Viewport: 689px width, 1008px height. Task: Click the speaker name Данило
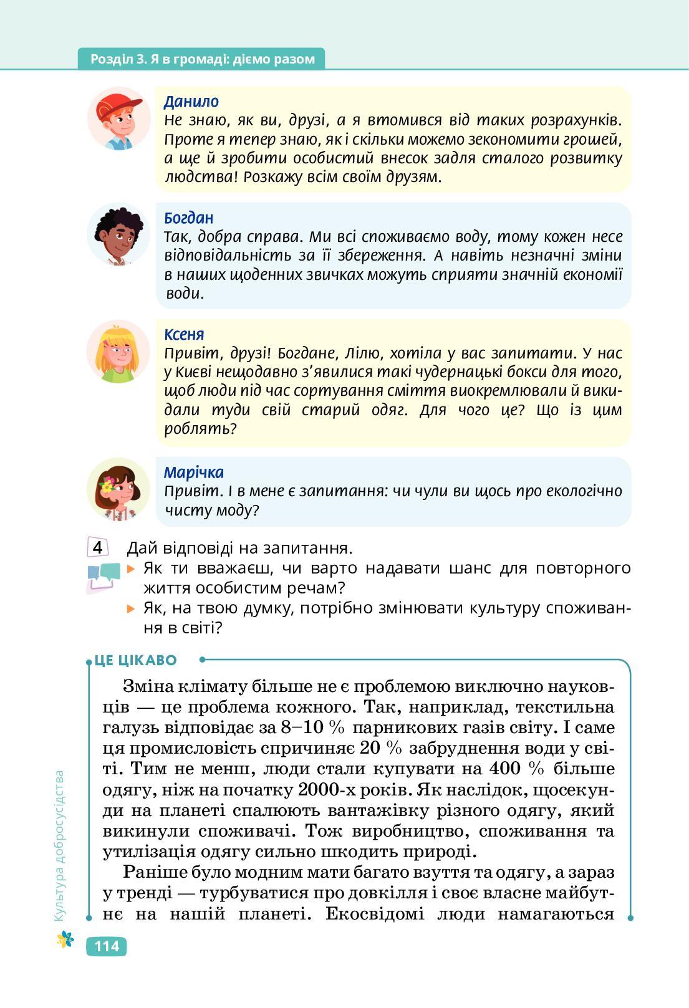click(191, 102)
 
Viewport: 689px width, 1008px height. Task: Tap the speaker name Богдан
click(188, 218)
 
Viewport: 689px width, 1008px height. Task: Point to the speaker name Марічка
click(193, 473)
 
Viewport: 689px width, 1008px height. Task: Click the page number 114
click(106, 946)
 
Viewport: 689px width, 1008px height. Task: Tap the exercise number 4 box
click(98, 548)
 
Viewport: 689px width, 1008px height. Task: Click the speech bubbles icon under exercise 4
click(103, 576)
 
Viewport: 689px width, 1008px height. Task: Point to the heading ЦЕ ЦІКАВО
click(136, 660)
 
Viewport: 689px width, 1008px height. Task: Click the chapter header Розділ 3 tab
click(202, 59)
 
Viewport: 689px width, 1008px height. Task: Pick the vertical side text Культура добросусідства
click(59, 845)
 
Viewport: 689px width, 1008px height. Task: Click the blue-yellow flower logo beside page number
click(65, 939)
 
